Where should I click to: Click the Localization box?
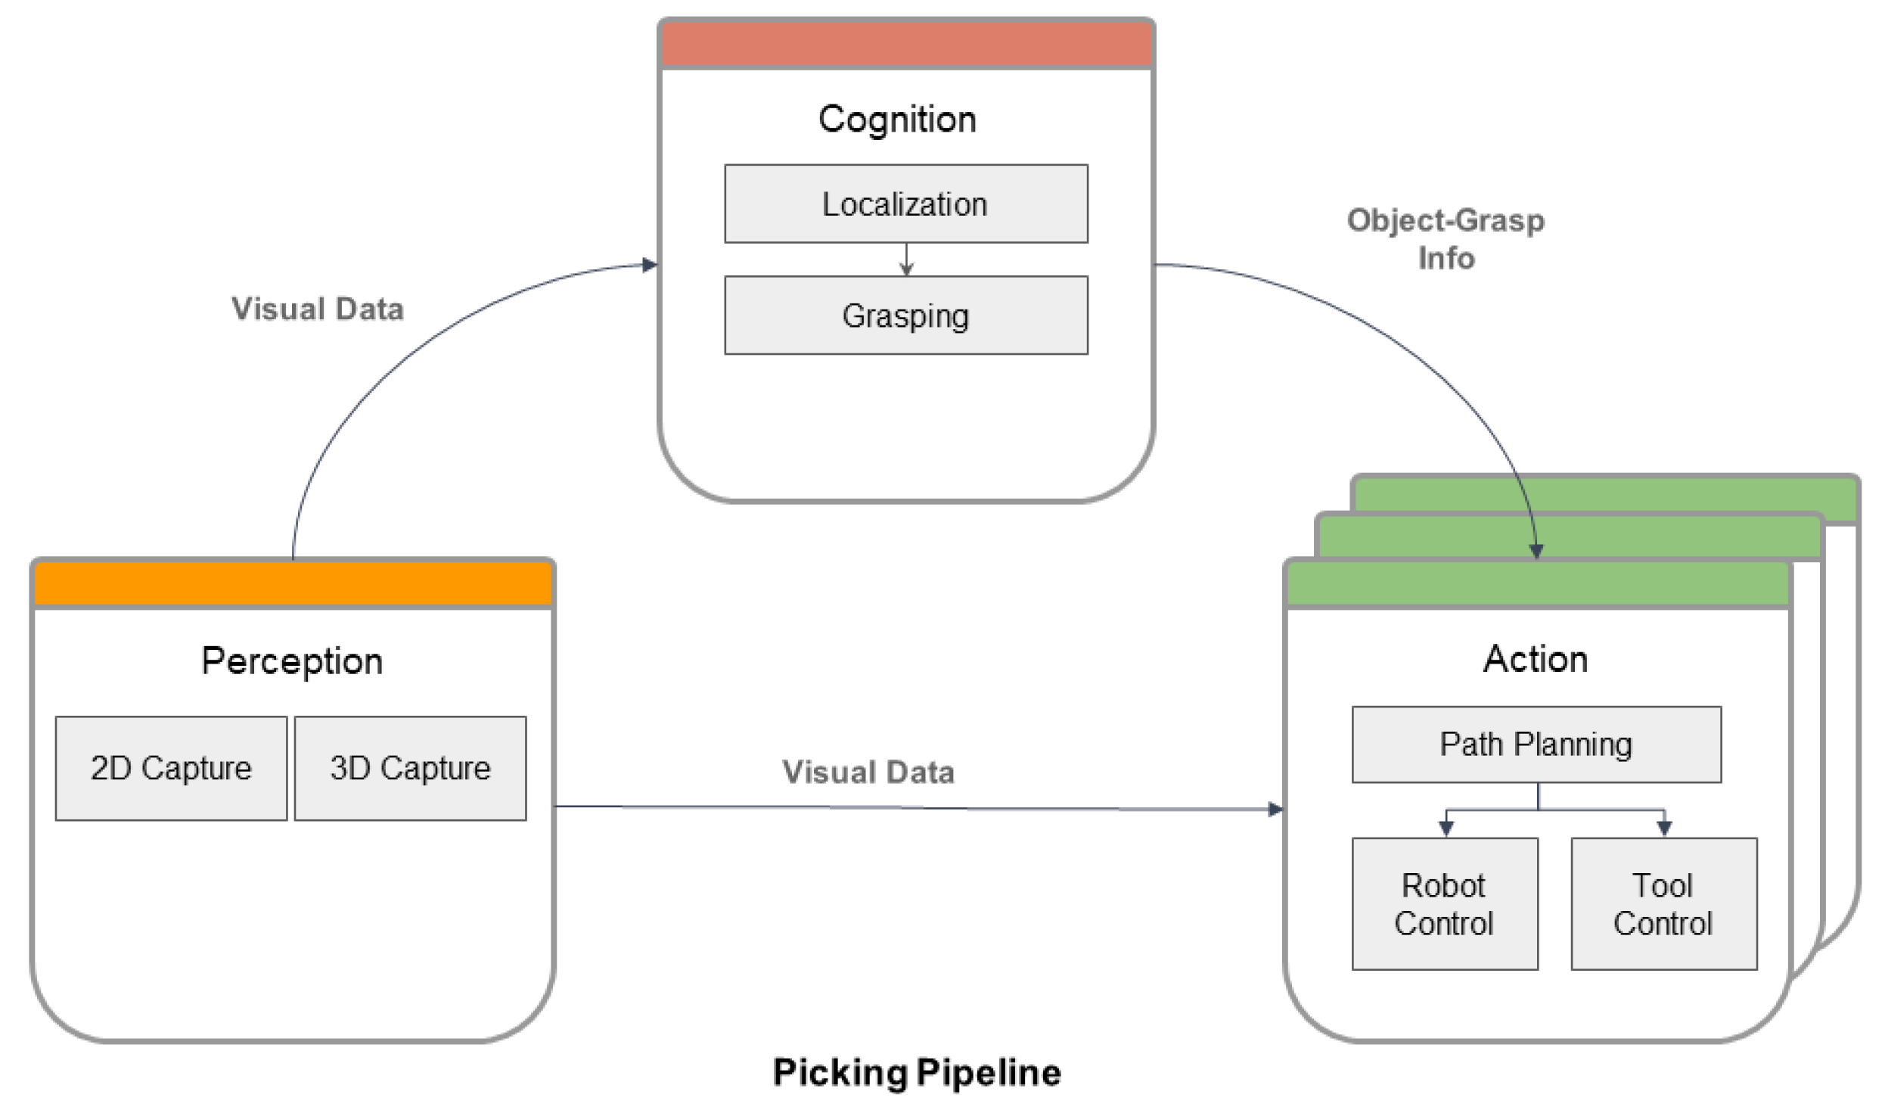pyautogui.click(x=906, y=204)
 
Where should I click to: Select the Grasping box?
pyautogui.click(x=906, y=315)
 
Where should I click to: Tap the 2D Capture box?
pyautogui.click(x=171, y=768)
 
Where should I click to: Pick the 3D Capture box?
pyautogui.click(x=410, y=768)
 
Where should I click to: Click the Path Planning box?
pyautogui.click(x=1536, y=745)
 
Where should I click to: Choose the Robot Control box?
pyautogui.click(x=1445, y=903)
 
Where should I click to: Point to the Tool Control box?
pyautogui.click(x=1664, y=903)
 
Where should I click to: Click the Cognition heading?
pyautogui.click(x=897, y=120)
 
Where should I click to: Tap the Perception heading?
pyautogui.click(x=292, y=661)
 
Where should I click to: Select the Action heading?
pyautogui.click(x=1536, y=659)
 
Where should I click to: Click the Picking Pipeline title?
pyautogui.click(x=917, y=1073)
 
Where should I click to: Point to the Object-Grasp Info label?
pyautogui.click(x=1446, y=239)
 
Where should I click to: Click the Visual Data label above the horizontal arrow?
pyautogui.click(x=868, y=772)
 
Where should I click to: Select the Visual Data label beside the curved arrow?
pyautogui.click(x=318, y=309)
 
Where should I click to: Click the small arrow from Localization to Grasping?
pyautogui.click(x=906, y=260)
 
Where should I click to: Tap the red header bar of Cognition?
pyautogui.click(x=906, y=44)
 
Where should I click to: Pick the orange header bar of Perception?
pyautogui.click(x=293, y=583)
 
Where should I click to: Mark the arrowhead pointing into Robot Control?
pyautogui.click(x=1446, y=828)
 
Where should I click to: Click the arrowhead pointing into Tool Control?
pyautogui.click(x=1664, y=828)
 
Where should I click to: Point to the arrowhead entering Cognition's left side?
pyautogui.click(x=650, y=265)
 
